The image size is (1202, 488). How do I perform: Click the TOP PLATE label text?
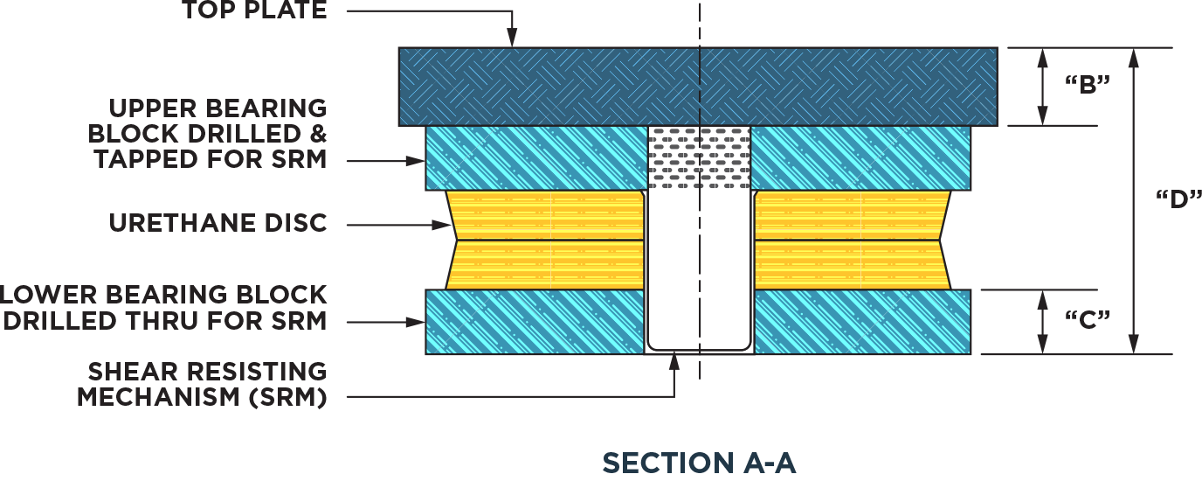click(x=254, y=11)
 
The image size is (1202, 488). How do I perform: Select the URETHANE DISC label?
click(x=218, y=223)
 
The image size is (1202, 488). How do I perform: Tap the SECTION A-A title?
click(x=699, y=462)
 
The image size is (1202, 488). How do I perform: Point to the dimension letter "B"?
click(x=1088, y=86)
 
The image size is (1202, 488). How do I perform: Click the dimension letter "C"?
click(x=1088, y=320)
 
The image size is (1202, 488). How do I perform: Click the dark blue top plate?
click(x=542, y=86)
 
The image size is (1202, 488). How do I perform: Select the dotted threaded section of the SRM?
click(x=699, y=157)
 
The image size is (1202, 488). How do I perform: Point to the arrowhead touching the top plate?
click(x=512, y=39)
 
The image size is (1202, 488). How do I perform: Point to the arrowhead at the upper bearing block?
click(x=418, y=160)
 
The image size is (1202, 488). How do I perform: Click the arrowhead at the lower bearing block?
click(x=418, y=322)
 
